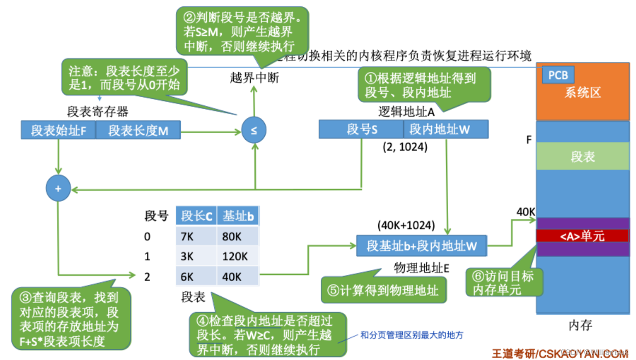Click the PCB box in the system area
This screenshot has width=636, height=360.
coord(558,75)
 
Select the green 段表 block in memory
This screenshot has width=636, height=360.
coord(583,156)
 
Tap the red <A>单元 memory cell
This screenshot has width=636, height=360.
coord(583,235)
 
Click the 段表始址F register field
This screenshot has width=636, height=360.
coord(58,130)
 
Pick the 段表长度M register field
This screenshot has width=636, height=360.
coord(138,130)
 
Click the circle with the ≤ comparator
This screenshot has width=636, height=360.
coord(254,131)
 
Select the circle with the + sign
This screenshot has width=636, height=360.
coord(58,189)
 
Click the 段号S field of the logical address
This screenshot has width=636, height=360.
coord(361,129)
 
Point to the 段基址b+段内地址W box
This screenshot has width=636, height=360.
coord(422,245)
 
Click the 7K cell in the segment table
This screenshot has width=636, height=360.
coord(196,235)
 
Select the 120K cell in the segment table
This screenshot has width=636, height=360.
coord(237,255)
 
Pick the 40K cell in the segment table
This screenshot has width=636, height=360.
coord(237,276)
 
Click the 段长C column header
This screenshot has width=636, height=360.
coord(196,216)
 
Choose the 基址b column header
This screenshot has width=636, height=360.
coord(237,216)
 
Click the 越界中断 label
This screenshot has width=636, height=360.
coord(254,77)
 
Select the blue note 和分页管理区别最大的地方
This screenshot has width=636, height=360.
coord(412,335)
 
